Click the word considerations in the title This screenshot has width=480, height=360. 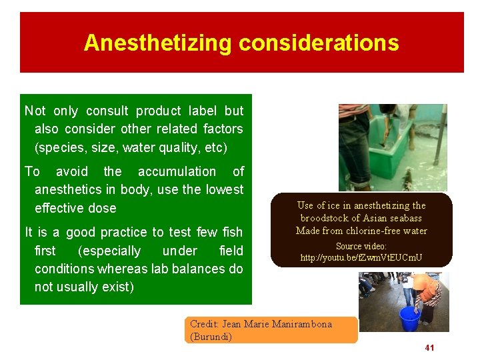pos(319,43)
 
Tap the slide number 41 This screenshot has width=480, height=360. pos(429,348)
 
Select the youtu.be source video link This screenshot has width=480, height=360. pos(361,257)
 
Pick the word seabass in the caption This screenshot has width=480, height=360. pos(404,218)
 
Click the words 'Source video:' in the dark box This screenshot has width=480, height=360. pos(361,246)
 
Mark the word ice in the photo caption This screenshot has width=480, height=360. pos(334,205)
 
